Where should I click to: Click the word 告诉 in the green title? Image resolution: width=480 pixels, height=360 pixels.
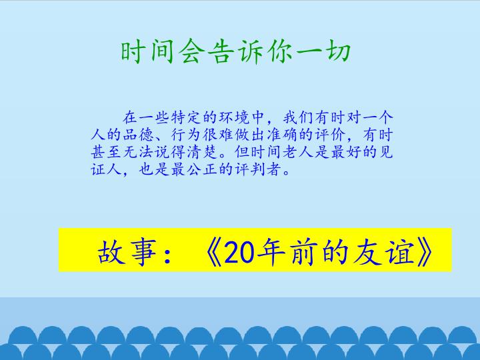[x=235, y=52]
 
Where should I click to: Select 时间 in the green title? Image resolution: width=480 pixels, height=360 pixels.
[x=148, y=52]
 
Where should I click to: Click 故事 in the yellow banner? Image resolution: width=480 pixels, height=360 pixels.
[x=122, y=251]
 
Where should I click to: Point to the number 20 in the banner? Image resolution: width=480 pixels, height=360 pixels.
[x=239, y=251]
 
